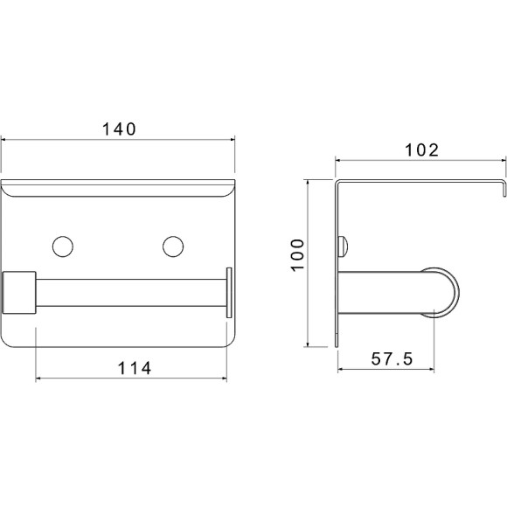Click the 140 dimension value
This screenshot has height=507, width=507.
(x=119, y=129)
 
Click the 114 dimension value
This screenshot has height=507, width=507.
(x=135, y=368)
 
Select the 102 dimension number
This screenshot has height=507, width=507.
(x=422, y=150)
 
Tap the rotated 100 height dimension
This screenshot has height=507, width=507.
(x=298, y=254)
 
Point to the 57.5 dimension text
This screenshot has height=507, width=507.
(x=392, y=359)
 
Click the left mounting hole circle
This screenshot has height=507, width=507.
(x=63, y=247)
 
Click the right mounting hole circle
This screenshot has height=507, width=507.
(x=173, y=247)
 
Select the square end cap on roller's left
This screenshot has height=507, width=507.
(x=19, y=293)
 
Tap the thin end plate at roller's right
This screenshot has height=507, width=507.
(x=229, y=293)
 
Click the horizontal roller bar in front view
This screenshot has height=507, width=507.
(x=131, y=293)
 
